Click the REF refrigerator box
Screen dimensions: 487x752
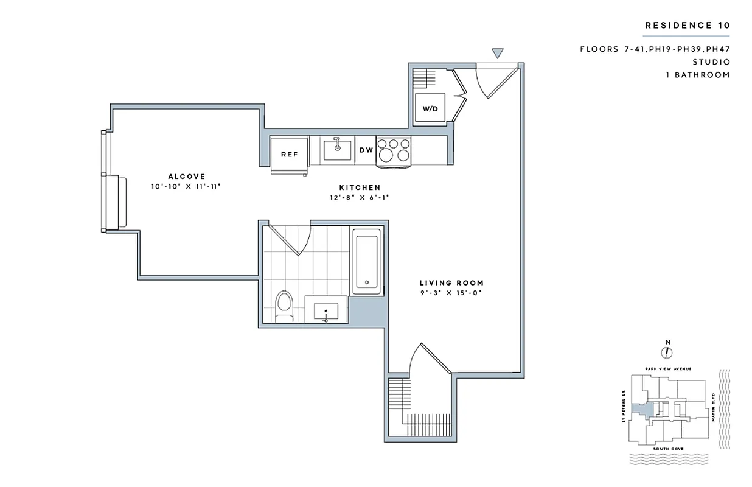tap(289, 154)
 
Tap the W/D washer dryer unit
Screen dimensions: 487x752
tap(430, 109)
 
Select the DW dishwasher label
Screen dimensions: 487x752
tap(366, 150)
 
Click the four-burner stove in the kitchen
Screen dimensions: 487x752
tap(394, 150)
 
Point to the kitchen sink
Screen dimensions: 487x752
tap(336, 148)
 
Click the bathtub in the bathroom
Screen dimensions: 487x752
tap(367, 261)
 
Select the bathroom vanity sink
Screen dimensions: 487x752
tap(326, 311)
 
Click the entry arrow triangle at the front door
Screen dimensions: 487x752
tap(497, 54)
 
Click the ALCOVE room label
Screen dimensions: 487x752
tap(187, 177)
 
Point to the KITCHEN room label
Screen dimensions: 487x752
tap(360, 187)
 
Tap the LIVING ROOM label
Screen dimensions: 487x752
tap(451, 282)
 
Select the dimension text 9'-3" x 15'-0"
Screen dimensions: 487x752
tap(451, 293)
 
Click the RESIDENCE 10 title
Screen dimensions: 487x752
tap(687, 25)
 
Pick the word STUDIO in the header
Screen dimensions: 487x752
tap(711, 62)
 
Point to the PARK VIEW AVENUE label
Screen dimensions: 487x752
tap(668, 369)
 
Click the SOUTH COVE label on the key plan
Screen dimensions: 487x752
tap(668, 449)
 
